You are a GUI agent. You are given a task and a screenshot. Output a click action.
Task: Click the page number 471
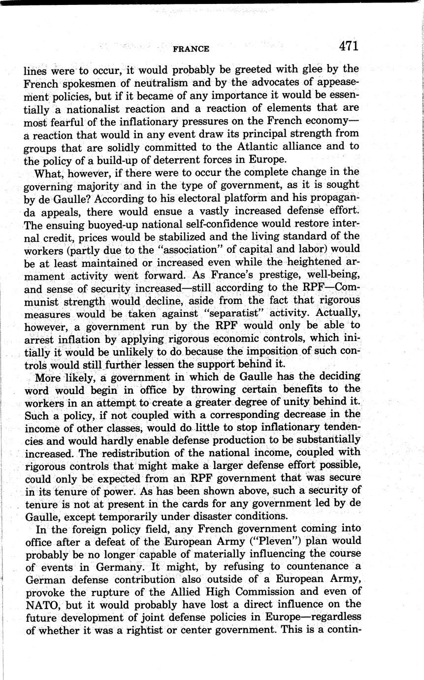tap(349, 46)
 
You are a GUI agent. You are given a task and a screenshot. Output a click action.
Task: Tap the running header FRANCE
tap(191, 48)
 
